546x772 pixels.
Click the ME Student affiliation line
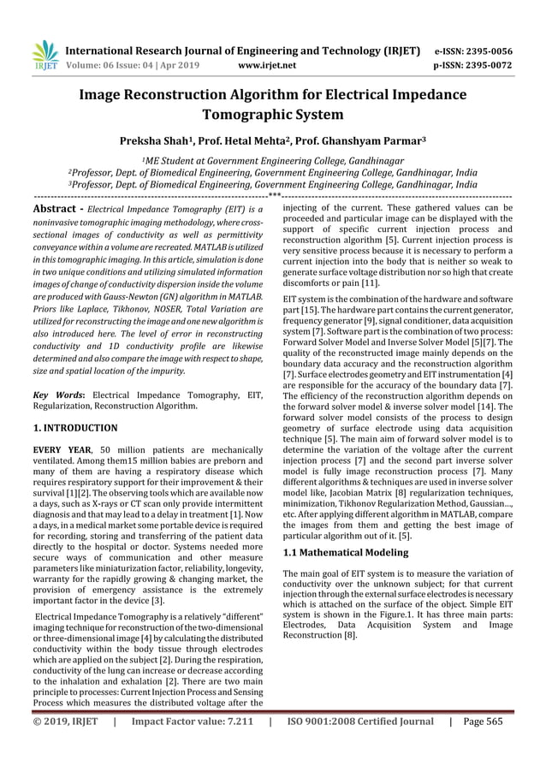pos(272,160)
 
